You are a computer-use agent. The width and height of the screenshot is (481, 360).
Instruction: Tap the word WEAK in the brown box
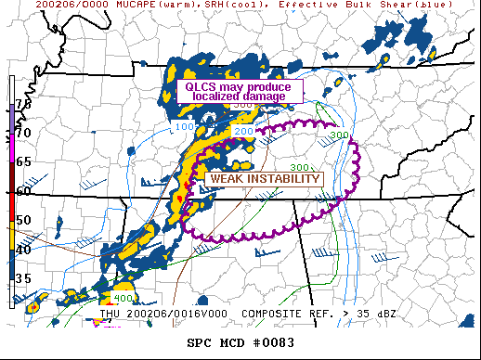228,179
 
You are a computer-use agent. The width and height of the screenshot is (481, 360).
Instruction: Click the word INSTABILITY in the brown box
283,179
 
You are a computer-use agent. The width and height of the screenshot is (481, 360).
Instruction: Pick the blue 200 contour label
243,133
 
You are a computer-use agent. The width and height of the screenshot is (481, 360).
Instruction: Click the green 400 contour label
123,298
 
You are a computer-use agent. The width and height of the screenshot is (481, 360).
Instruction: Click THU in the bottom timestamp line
111,314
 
